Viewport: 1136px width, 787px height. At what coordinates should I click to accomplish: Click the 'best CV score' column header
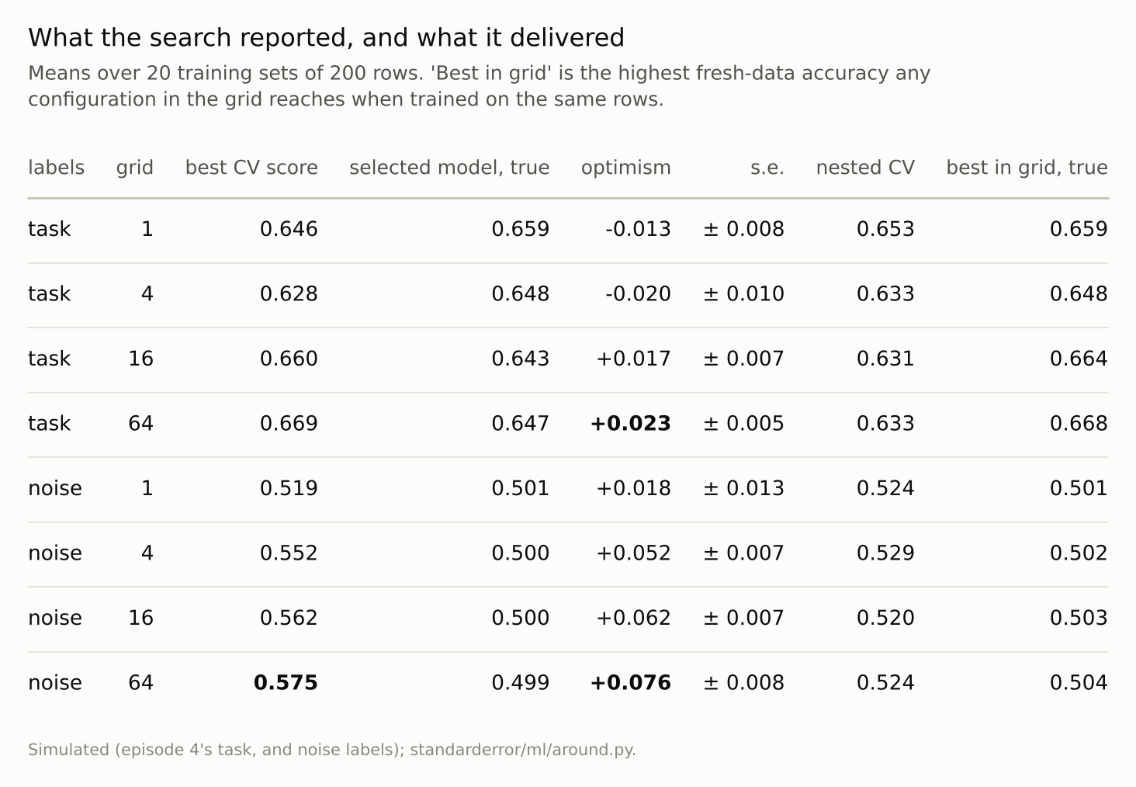(251, 168)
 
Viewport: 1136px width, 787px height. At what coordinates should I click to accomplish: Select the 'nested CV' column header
(865, 168)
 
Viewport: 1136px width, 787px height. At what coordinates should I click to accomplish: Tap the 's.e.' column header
(767, 168)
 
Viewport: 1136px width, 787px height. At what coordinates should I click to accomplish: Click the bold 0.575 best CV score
(286, 682)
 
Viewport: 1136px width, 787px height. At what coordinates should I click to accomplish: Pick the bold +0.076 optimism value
(630, 682)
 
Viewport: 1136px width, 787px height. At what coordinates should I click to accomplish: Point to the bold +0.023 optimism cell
(630, 423)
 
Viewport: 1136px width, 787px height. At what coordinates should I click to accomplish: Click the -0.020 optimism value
(638, 294)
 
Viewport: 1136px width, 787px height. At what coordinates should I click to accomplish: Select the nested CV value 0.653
(885, 229)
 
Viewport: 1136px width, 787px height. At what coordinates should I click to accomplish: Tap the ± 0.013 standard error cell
(743, 488)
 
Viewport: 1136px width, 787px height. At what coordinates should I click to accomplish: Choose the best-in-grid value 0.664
(1079, 359)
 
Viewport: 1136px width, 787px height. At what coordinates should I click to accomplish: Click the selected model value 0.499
(521, 682)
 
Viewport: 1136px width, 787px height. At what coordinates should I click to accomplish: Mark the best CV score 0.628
(289, 294)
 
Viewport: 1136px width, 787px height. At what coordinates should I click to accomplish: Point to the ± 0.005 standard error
(743, 423)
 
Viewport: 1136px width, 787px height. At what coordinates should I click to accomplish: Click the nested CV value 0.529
(885, 553)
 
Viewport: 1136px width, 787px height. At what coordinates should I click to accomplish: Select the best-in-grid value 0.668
(1079, 423)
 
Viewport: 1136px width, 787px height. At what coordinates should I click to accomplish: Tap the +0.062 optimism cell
(633, 618)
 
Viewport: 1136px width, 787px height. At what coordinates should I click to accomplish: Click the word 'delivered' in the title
(567, 37)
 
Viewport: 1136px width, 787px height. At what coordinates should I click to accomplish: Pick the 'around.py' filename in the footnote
(594, 750)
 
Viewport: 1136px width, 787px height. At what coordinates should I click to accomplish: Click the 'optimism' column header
(626, 168)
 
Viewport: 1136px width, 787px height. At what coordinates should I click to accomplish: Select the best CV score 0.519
(289, 488)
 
